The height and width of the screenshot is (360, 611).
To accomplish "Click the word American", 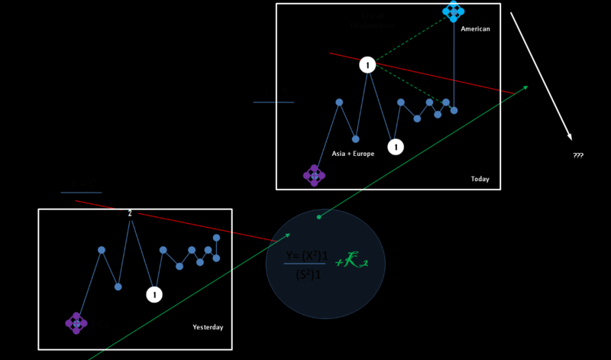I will (475, 29).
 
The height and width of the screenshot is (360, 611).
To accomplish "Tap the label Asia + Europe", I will (353, 154).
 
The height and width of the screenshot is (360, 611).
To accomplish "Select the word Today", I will (480, 180).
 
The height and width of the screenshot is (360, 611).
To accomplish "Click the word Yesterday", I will (208, 327).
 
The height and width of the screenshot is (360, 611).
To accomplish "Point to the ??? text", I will (578, 156).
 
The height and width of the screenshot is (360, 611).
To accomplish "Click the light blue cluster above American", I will (453, 11).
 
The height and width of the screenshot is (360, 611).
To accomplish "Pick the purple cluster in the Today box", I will (314, 176).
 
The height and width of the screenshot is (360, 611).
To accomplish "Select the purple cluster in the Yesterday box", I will (76, 323).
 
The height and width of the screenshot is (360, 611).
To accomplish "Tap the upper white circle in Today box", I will (367, 66).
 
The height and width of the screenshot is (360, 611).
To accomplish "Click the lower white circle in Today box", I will (395, 147).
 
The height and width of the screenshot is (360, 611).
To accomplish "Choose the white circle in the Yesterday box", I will (154, 294).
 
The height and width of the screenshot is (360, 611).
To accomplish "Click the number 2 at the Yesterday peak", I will (131, 214).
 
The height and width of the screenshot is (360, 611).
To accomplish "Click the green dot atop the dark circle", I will (319, 217).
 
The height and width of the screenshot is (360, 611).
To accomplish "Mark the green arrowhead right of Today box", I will (525, 88).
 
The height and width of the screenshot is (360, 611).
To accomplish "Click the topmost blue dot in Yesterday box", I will (216, 238).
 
